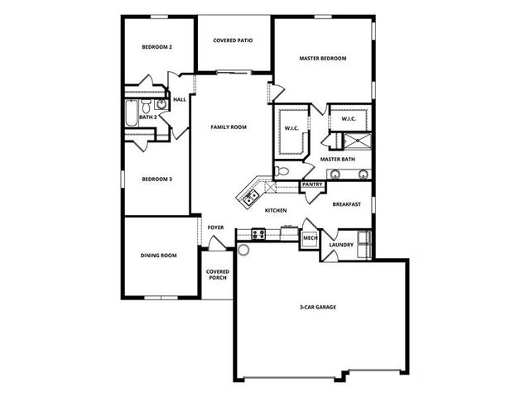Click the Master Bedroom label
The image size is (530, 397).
click(x=322, y=59)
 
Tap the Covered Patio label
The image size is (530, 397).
click(x=233, y=41)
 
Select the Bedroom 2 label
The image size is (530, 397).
click(x=157, y=47)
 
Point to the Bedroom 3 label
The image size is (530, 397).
click(x=157, y=179)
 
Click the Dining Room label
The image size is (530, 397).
click(x=158, y=256)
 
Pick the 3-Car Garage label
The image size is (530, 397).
click(x=318, y=307)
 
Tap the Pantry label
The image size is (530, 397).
click(x=312, y=184)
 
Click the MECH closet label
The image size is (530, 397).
click(x=310, y=238)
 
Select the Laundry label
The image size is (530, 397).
click(x=341, y=245)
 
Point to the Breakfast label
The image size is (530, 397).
click(x=346, y=204)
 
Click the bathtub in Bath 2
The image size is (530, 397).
click(x=132, y=113)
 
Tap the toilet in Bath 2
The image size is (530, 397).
click(x=146, y=106)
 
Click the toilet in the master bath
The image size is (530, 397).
click(x=282, y=171)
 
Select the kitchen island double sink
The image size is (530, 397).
click(x=250, y=198)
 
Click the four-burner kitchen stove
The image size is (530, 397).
click(x=258, y=234)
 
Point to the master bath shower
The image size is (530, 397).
click(x=357, y=141)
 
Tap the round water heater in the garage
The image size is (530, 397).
click(x=243, y=250)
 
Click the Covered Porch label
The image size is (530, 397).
click(x=218, y=275)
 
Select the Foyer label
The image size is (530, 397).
click(x=215, y=227)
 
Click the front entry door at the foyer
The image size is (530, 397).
click(x=217, y=244)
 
